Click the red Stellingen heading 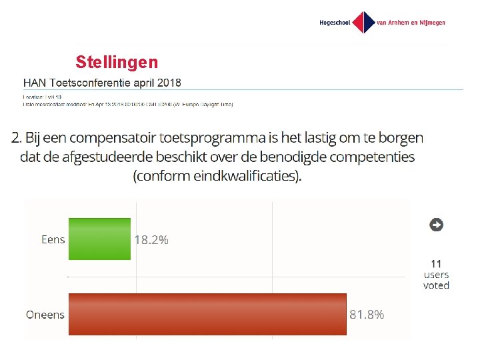coord(117,63)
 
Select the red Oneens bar coord(207,314)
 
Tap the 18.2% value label coord(151,240)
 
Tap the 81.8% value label coord(367,315)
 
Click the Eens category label coord(53,239)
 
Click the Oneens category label coord(45,315)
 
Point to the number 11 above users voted coord(436,264)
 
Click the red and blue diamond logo coord(363,22)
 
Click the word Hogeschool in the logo coord(335,23)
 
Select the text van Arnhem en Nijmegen coord(411,23)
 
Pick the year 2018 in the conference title coord(165,83)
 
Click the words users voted coord(436,280)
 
